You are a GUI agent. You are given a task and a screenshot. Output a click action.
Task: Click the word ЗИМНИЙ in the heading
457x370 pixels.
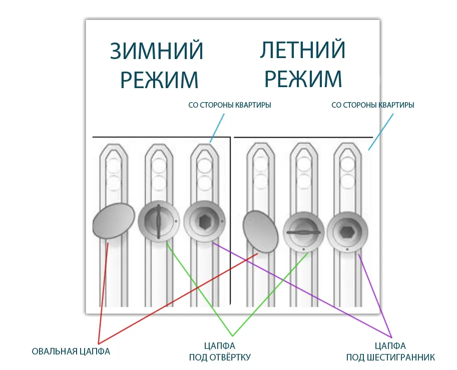click(x=157, y=51)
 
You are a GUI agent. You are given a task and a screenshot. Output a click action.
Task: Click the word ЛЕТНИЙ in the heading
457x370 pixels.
click(x=302, y=50)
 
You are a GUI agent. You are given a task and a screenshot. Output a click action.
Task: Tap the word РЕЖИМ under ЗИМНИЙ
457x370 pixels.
click(x=160, y=80)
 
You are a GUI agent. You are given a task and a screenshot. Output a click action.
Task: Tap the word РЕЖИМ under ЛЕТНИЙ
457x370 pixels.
click(x=303, y=79)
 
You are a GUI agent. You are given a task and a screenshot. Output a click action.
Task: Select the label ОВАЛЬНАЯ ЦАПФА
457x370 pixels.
click(x=71, y=351)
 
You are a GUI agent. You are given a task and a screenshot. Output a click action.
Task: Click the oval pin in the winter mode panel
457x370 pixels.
click(x=114, y=221)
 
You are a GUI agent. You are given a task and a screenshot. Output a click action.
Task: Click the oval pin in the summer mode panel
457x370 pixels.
click(x=260, y=231)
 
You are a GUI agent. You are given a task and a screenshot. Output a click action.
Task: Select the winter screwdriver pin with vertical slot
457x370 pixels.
click(x=159, y=221)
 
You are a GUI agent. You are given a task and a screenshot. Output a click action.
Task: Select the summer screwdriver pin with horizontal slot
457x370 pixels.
click(x=304, y=232)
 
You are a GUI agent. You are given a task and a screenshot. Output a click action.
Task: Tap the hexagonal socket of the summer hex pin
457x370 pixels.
click(x=347, y=232)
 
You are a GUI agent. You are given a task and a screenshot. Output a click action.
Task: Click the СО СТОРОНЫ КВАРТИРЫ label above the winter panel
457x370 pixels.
click(x=230, y=105)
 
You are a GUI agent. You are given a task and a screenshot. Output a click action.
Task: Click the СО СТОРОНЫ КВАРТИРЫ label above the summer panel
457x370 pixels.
click(x=373, y=105)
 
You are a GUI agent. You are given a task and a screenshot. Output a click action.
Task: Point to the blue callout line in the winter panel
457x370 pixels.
click(x=217, y=128)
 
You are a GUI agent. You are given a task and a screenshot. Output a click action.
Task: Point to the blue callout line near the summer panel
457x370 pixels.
click(x=380, y=132)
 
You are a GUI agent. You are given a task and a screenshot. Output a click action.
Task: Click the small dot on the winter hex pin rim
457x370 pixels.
click(x=222, y=221)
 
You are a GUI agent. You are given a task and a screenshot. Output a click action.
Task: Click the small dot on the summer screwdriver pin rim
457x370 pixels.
click(x=303, y=249)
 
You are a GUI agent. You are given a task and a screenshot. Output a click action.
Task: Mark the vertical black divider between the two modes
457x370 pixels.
click(x=230, y=221)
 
